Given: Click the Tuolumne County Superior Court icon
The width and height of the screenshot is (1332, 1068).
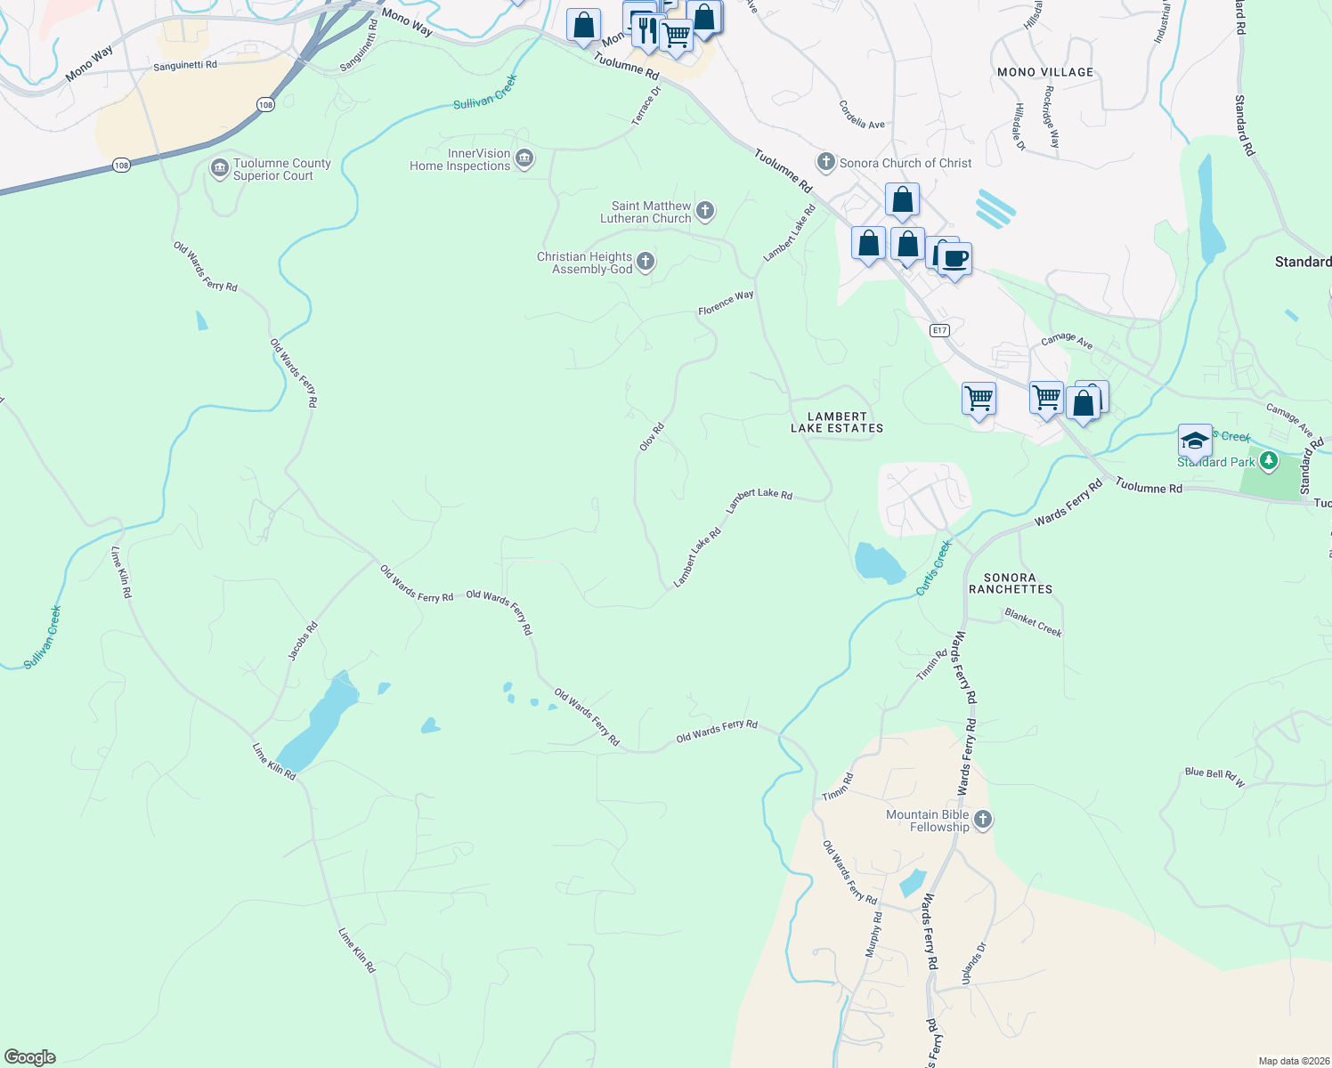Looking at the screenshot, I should [x=220, y=168].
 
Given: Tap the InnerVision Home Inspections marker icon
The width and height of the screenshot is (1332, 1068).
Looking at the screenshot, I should [x=524, y=159].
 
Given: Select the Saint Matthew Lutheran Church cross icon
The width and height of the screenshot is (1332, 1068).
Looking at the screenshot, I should [x=705, y=211].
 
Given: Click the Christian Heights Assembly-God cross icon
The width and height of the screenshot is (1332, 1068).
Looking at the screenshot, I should [x=646, y=262].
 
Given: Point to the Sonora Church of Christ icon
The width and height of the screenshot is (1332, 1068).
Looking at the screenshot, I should [x=826, y=162].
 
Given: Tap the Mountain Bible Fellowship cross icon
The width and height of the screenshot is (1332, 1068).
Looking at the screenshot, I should [x=983, y=820].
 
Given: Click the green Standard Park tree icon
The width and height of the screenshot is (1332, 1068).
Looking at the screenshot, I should [x=1269, y=461].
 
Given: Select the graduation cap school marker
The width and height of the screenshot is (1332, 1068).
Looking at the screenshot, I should [x=1195, y=440].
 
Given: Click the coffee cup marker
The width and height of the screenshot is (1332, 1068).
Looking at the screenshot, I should [x=954, y=259].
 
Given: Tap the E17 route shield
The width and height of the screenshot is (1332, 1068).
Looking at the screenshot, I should [x=939, y=330].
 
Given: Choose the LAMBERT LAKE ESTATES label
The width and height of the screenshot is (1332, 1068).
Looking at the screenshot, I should [x=837, y=422].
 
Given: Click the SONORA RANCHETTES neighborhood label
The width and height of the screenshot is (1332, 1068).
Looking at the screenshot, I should [x=1011, y=583].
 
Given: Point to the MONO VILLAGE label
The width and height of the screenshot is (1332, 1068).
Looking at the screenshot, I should [x=1045, y=72].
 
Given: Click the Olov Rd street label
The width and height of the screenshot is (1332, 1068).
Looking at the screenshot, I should [x=652, y=437].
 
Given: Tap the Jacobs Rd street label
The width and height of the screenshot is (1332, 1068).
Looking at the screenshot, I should [x=303, y=641].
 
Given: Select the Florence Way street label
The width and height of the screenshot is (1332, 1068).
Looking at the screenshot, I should [x=726, y=303].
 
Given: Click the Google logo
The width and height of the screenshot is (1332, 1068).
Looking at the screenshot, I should [x=30, y=1057].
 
